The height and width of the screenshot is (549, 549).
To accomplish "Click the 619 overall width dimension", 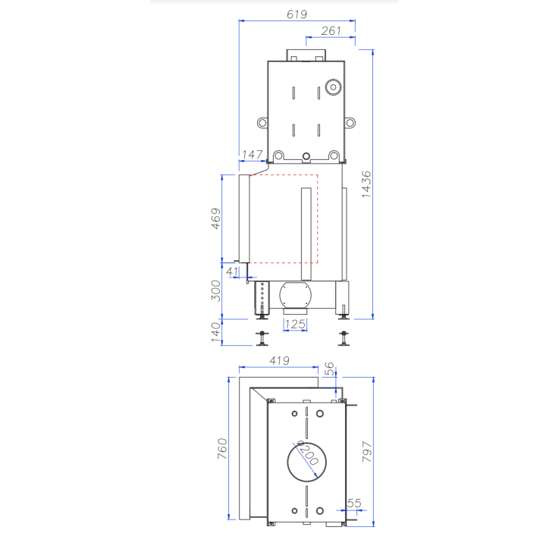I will tap(296, 14).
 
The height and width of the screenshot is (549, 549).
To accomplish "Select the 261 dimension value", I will tap(331, 30).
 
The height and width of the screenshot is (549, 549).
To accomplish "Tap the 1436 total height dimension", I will tap(366, 184).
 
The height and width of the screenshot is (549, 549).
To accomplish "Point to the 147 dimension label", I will tap(252, 154).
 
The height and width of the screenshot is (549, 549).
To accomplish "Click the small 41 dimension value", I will tap(232, 271).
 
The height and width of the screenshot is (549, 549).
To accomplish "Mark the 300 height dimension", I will tap(215, 290).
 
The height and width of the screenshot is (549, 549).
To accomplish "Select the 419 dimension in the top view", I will tap(278, 361).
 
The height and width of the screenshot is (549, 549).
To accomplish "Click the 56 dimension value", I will tap(328, 369).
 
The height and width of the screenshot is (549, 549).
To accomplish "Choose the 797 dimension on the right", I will tap(366, 453).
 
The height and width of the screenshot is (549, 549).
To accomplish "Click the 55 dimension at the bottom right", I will tap(354, 503).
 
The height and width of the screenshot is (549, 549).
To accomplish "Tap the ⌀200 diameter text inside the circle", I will tap(307, 455).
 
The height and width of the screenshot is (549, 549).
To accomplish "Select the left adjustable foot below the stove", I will tap(262, 336).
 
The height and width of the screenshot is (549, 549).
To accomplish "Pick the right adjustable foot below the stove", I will tap(346, 336).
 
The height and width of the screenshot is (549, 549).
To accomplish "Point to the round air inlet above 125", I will tap(294, 295).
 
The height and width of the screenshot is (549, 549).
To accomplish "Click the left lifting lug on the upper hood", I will tap(262, 122).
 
